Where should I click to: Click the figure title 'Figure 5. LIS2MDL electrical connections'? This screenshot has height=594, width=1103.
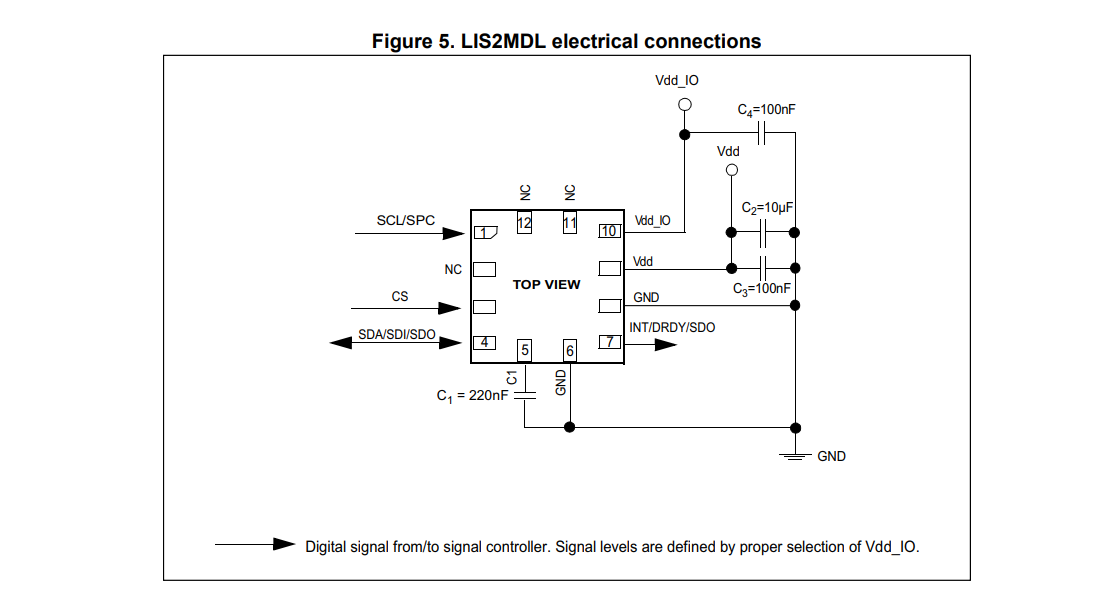566,42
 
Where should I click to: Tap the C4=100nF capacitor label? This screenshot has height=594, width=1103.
766,110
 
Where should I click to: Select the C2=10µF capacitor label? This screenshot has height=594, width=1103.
767,208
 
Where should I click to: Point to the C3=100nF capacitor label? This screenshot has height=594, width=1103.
762,289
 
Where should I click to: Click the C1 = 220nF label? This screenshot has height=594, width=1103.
472,396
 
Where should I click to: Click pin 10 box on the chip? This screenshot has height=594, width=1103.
609,231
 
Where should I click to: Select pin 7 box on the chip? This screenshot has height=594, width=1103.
609,342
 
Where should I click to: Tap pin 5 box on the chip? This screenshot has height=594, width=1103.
524,350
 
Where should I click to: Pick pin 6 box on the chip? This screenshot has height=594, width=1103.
570,350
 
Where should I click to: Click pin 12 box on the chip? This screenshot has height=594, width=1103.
524,222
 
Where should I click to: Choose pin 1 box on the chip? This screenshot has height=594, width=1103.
485,232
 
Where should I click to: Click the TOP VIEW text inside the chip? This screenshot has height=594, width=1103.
547,285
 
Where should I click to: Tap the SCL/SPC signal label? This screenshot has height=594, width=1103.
405,220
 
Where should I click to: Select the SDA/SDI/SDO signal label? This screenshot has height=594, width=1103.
397,334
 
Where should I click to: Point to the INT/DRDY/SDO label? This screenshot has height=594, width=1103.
672,327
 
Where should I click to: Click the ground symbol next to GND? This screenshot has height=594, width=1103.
795,456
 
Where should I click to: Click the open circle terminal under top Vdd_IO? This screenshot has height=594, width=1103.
684,105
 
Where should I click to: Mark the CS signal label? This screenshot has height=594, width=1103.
400,296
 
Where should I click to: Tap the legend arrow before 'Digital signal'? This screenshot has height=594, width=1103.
255,544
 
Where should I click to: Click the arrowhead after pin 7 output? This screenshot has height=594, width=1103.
665,345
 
